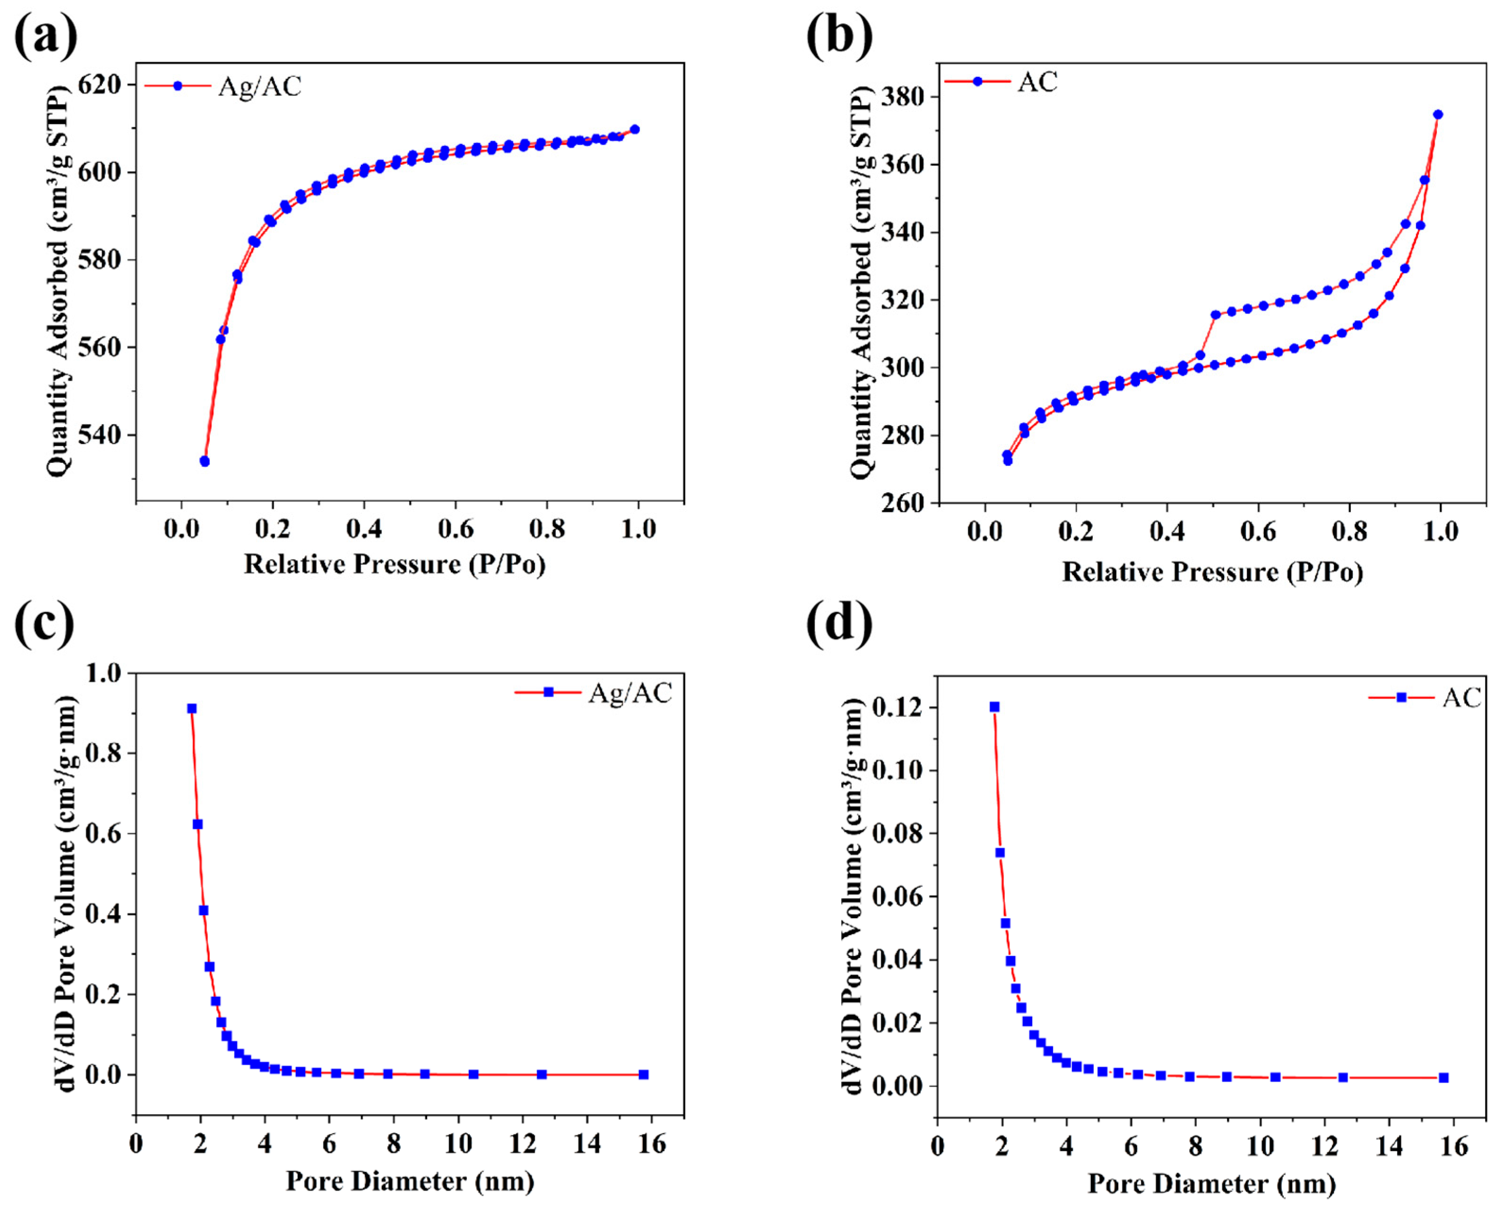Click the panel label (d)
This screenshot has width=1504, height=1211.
pyautogui.click(x=839, y=623)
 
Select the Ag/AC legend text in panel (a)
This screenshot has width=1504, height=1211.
pyautogui.click(x=259, y=86)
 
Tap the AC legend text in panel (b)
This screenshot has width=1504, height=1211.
pyautogui.click(x=1038, y=82)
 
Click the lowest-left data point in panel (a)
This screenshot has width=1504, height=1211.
pyautogui.click(x=205, y=461)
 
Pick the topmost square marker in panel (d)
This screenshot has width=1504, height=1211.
pyautogui.click(x=994, y=707)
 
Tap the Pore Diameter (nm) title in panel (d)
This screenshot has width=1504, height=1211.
pyautogui.click(x=1211, y=1184)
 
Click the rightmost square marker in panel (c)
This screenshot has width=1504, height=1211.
pyautogui.click(x=643, y=1075)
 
